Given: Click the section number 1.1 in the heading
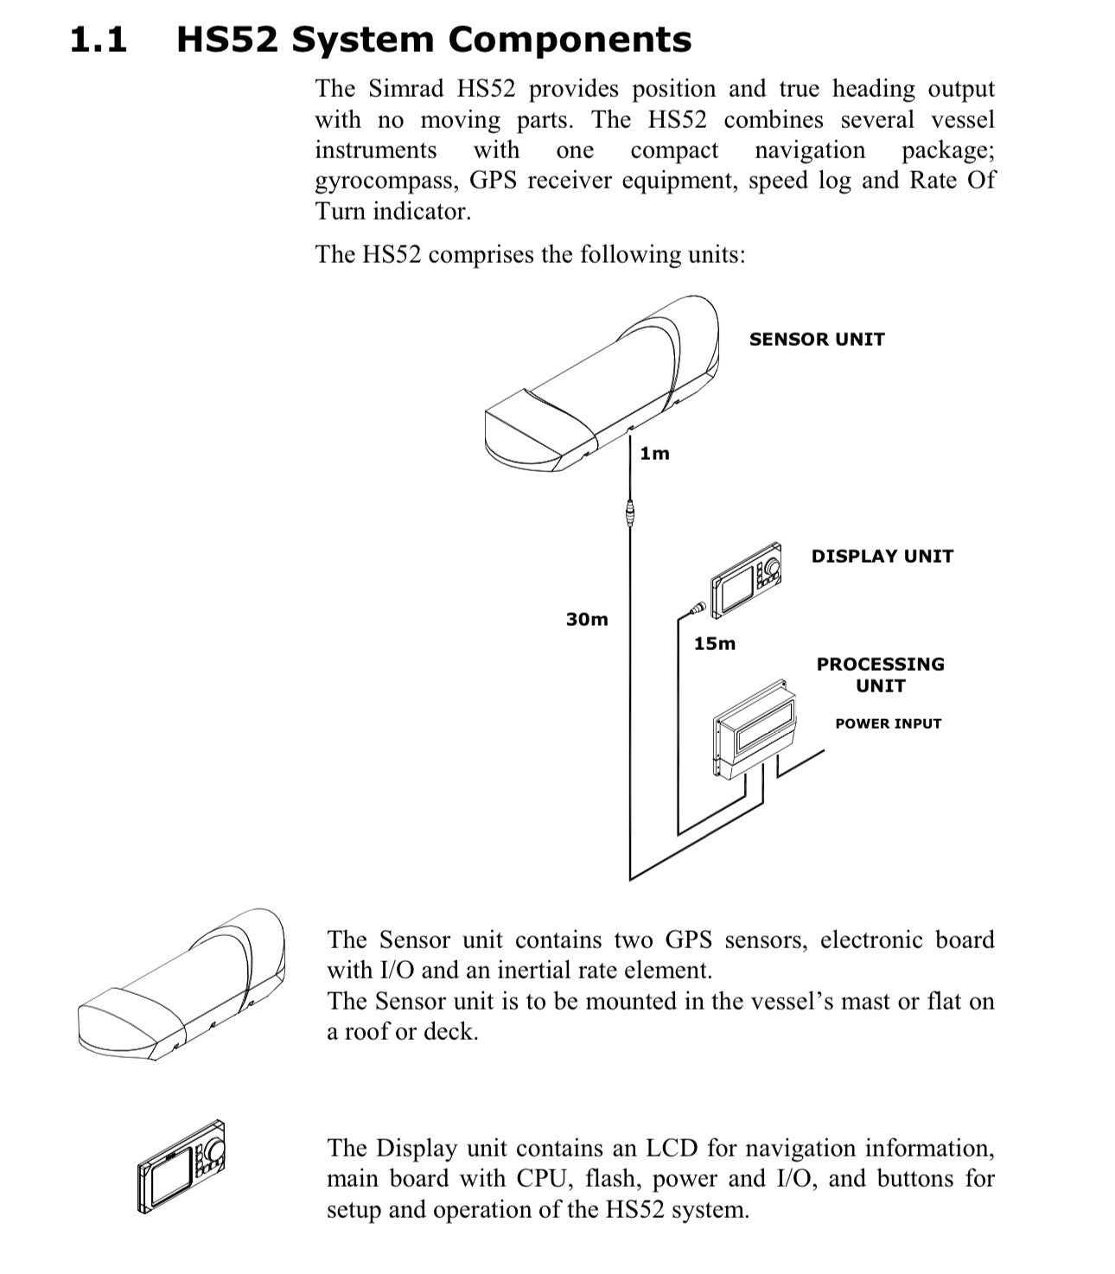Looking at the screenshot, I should coord(98,40).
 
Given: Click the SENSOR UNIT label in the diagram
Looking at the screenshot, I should coord(817,340).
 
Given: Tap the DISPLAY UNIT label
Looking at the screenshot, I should coord(882,557).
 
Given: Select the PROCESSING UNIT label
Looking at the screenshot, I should coord(880,675).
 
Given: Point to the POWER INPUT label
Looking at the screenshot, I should coord(888,723).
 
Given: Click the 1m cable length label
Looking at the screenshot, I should coord(654,454).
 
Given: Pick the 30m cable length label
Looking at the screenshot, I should coord(587,620).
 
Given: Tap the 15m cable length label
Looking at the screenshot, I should coord(715,644).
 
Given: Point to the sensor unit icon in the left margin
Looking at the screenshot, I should coord(182,985).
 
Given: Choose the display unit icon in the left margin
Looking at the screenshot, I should coord(182,1167).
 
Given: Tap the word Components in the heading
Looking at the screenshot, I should coord(570,40).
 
